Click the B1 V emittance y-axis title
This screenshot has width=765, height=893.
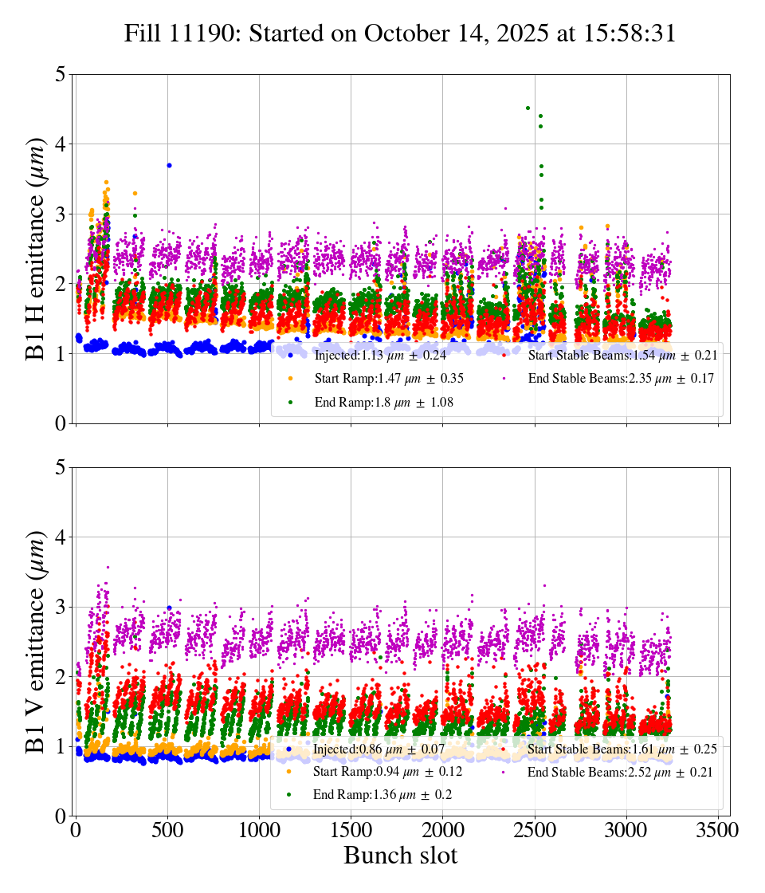[36, 641]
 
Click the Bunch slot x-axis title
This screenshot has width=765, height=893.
[401, 856]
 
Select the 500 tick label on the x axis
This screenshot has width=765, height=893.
[167, 829]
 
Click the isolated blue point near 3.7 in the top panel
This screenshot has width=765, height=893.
[169, 165]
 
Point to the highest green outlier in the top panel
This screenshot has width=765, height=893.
[528, 108]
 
